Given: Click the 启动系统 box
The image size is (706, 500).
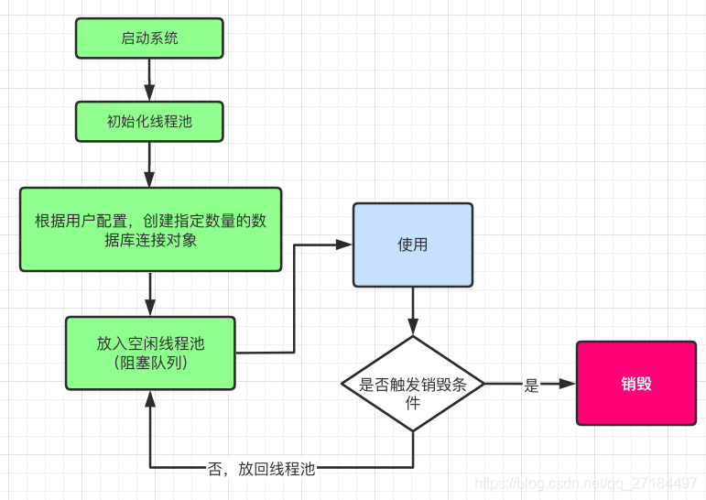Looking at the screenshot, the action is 149,38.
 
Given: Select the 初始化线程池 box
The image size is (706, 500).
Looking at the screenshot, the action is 149,122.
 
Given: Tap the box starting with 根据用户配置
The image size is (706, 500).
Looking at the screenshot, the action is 151,230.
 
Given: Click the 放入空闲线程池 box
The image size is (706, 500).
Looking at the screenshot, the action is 150,353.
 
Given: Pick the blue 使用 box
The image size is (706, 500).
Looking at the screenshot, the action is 413,245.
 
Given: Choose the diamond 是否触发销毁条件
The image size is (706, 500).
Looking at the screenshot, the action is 413,384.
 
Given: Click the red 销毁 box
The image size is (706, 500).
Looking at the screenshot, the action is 636,384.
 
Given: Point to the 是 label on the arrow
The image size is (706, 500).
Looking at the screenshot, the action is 531,386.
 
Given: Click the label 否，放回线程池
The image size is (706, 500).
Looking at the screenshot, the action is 261,469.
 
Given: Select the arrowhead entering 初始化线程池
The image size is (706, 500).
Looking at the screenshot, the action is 149,93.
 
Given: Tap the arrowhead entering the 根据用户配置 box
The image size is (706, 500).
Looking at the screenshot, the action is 149,179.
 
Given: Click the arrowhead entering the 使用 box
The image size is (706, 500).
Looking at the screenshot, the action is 344,245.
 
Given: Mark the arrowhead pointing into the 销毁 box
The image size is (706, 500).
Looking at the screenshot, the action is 568,384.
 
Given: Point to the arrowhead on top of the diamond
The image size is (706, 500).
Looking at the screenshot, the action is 413,327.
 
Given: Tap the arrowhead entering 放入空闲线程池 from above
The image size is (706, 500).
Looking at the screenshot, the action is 150,308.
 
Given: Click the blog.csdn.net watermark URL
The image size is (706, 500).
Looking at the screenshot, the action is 586,484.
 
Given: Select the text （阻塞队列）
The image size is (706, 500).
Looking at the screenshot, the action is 150,363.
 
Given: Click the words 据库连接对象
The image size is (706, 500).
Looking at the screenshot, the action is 150,240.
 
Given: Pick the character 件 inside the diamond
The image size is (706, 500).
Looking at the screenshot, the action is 413,403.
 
